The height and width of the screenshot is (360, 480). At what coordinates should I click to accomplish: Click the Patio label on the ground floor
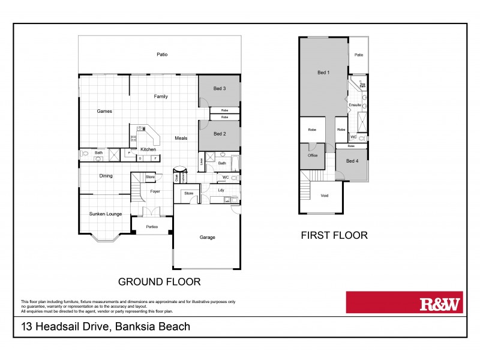[162, 55]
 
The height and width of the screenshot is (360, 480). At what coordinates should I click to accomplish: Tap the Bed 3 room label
[220, 89]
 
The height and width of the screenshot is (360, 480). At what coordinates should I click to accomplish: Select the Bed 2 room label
[220, 134]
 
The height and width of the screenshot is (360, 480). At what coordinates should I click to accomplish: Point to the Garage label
[208, 238]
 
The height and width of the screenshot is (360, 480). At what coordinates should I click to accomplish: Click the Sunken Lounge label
[105, 213]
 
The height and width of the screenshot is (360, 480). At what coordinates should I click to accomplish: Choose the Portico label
[151, 226]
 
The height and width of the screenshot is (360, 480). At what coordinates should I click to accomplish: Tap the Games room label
[105, 111]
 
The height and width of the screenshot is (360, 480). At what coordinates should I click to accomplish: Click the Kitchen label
[148, 149]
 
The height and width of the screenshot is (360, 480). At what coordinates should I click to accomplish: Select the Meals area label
[181, 138]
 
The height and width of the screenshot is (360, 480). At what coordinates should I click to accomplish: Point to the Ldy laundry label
[221, 190]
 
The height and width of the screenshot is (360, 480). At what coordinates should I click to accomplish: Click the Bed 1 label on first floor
[323, 73]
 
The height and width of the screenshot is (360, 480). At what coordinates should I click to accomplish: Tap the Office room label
[313, 155]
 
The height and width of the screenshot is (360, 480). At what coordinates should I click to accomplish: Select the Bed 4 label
[352, 160]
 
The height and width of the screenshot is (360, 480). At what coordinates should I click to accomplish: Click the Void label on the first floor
[325, 195]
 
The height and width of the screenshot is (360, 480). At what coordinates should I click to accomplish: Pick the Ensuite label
[355, 106]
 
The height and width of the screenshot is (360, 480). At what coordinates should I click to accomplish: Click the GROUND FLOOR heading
[159, 281]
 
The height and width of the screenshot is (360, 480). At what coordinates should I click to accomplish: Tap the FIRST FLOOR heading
[334, 235]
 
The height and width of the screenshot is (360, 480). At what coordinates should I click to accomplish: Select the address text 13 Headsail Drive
[106, 327]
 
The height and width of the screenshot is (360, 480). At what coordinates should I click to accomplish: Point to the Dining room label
[106, 176]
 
